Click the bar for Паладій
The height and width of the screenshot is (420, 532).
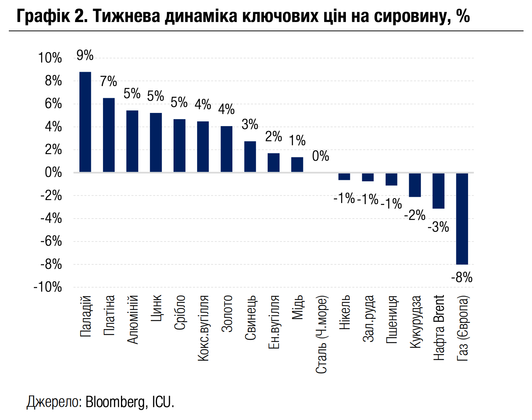coord(85,122)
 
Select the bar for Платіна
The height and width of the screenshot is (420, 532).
coord(109,135)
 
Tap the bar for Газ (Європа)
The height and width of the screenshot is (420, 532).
coord(462,218)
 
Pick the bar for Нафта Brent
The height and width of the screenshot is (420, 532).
coord(438,191)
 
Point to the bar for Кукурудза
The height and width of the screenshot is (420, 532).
coord(415,185)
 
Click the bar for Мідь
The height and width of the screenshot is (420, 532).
coord(297,165)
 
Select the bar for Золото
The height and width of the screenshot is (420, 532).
coord(226,149)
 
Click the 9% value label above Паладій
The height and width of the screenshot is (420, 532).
coord(85,56)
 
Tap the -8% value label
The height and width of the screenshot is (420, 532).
coord(462,278)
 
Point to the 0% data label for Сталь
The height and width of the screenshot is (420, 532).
coord(321,156)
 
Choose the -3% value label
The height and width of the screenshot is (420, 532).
coord(438,227)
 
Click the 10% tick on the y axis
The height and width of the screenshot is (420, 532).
coord(50,58)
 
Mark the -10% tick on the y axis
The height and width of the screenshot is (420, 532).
coord(48,287)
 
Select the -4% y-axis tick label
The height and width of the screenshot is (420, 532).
coord(51,218)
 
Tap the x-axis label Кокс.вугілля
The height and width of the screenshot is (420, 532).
coord(203,328)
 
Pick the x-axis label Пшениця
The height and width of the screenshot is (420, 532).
coord(392,319)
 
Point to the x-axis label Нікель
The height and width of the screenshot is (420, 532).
coord(345,313)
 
